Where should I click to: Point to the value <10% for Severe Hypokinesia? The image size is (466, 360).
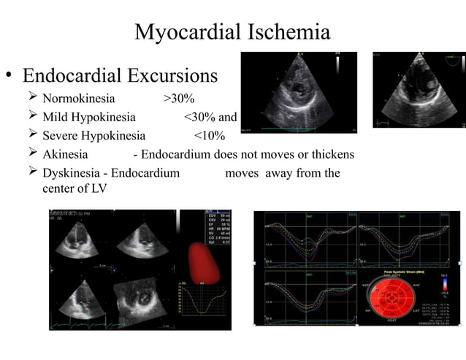pos(209,136)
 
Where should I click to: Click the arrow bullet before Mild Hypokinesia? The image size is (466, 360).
pos(31,117)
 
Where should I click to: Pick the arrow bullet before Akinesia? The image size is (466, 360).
pos(31,154)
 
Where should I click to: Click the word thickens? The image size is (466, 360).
pos(332,154)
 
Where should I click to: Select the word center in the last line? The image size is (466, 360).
pos(61,190)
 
